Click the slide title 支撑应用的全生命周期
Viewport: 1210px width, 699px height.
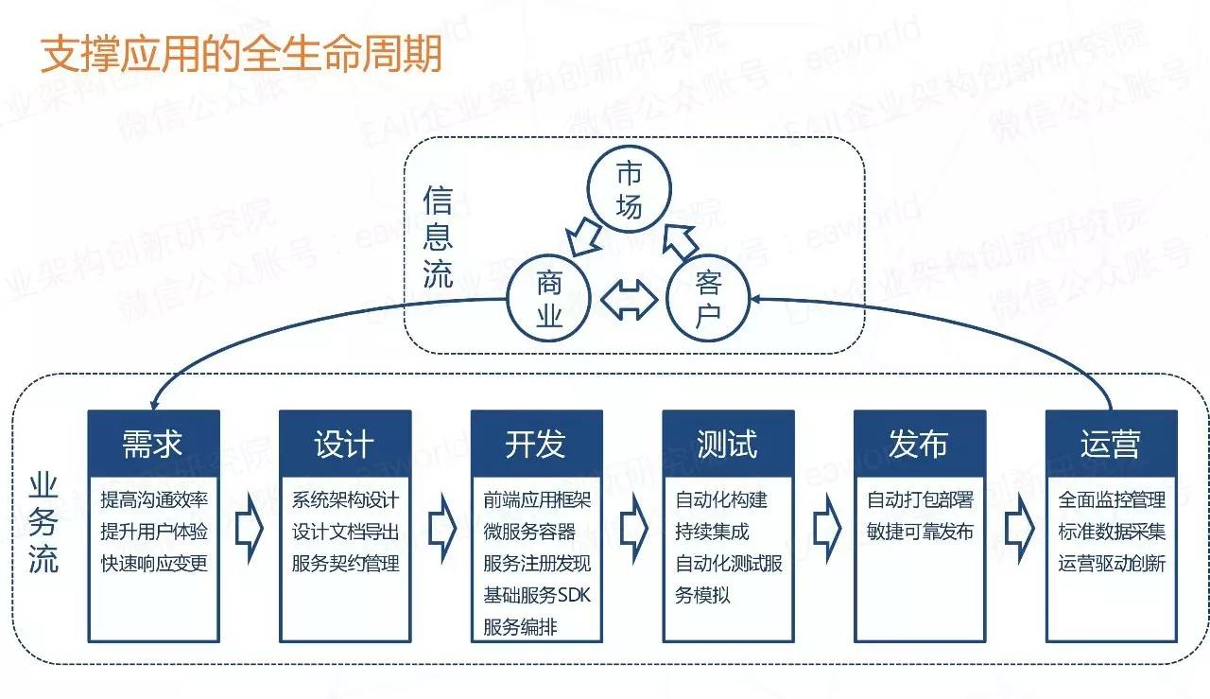[241, 55]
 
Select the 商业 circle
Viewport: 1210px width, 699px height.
[549, 300]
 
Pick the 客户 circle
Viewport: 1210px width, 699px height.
[708, 300]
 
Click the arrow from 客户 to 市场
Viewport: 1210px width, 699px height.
[678, 239]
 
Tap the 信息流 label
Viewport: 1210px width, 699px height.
[438, 237]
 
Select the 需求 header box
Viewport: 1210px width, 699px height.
[153, 443]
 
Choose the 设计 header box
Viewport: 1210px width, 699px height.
[345, 443]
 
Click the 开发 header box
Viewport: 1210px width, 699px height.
[536, 443]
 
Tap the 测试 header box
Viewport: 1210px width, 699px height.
[728, 443]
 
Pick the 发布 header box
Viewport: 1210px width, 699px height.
[919, 443]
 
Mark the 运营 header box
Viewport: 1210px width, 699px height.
[1111, 443]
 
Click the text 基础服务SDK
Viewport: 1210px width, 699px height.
[536, 595]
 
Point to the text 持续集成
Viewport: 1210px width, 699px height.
[712, 532]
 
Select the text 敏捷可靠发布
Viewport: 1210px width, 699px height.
[919, 532]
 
